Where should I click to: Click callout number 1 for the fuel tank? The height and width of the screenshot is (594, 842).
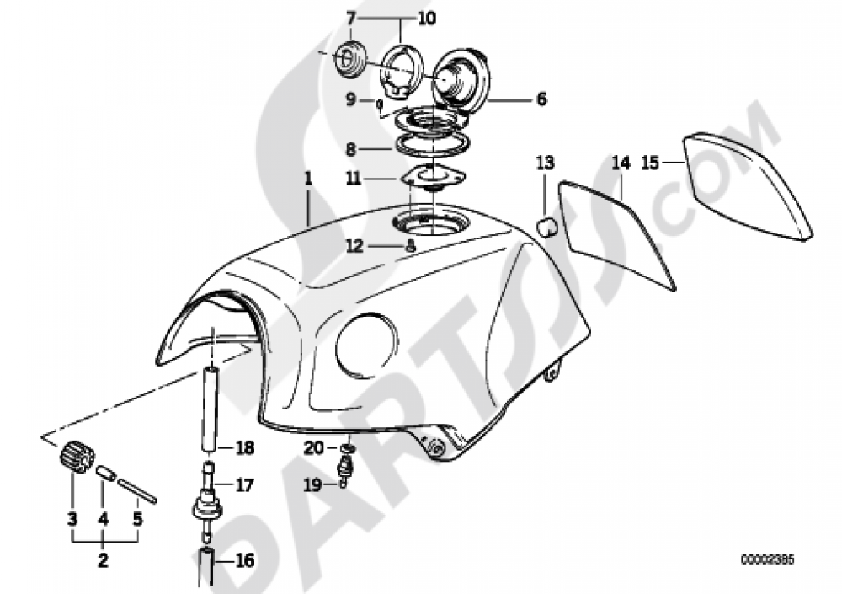pos(308,179)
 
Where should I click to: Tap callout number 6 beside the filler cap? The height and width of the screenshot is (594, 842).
pos(541,99)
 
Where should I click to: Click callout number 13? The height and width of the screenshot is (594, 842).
pos(546,162)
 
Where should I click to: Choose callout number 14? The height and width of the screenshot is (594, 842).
pos(621,163)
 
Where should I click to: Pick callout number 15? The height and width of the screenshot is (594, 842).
pos(650,163)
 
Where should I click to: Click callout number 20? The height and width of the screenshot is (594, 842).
pos(312,448)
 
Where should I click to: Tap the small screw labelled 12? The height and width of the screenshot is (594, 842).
pos(410,247)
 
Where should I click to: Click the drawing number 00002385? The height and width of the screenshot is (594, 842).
pos(767,559)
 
